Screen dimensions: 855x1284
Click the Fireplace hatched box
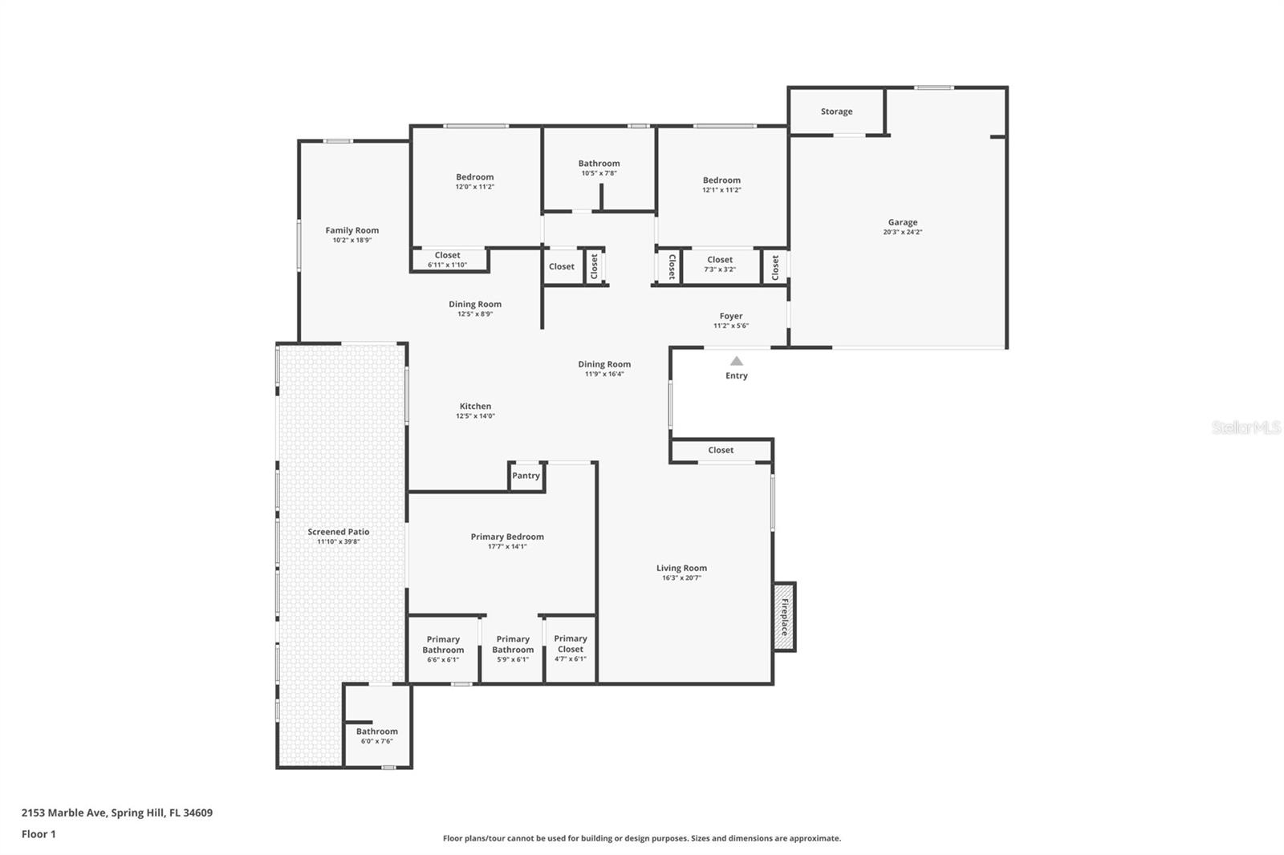[x=784, y=617]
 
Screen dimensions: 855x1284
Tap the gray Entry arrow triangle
[x=736, y=362]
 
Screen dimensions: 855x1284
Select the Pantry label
[x=526, y=476]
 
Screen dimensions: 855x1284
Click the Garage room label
[x=902, y=222]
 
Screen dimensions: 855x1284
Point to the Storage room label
[x=836, y=111]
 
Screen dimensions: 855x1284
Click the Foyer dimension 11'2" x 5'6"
[x=731, y=326]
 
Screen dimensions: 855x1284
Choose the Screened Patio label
[x=338, y=532]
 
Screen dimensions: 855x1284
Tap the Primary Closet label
[x=570, y=644]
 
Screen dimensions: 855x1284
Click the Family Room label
[x=351, y=230]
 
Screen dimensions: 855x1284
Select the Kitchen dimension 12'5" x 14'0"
[x=475, y=416]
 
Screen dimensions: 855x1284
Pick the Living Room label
[x=681, y=568]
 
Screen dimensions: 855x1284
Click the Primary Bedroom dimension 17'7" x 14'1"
[x=507, y=546]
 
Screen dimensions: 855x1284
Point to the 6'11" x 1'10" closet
[x=447, y=260]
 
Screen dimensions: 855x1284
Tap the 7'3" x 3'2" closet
[x=719, y=264]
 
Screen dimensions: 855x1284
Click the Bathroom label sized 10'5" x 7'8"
[x=599, y=164]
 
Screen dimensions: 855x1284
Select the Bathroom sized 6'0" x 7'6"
[x=376, y=735]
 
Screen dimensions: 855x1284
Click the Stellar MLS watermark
[x=1245, y=427]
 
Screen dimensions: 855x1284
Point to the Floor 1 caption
[x=39, y=834]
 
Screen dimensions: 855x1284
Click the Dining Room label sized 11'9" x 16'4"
[x=604, y=364]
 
